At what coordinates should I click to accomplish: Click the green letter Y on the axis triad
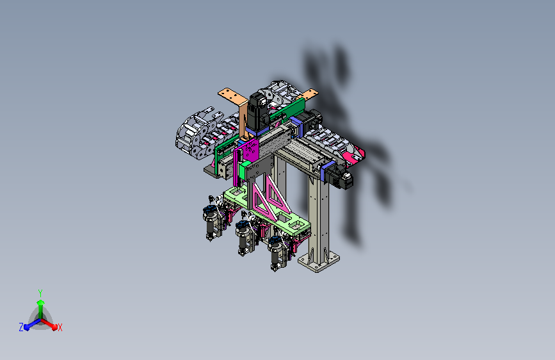tap(40, 293)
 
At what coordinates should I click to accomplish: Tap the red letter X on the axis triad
tap(60, 328)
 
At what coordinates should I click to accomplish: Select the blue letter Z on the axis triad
tap(21, 327)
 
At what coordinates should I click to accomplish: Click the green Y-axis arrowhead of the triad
tap(41, 302)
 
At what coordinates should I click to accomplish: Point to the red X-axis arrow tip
tap(54, 327)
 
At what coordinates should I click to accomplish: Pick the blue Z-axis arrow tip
tap(26, 327)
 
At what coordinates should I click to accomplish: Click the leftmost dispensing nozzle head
tap(211, 222)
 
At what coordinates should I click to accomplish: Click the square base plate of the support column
tap(319, 261)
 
